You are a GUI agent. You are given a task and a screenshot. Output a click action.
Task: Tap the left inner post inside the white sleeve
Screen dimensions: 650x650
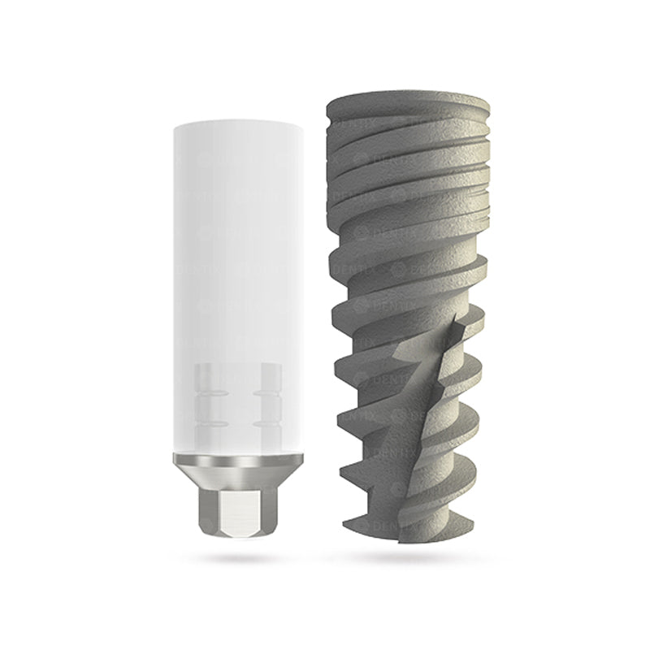[x=207, y=399]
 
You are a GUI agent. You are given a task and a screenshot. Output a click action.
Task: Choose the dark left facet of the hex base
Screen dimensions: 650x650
[x=204, y=510]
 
